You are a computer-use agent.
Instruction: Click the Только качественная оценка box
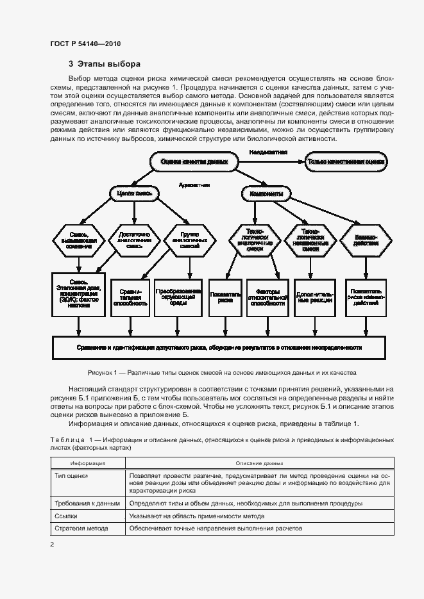pyautogui.click(x=346, y=162)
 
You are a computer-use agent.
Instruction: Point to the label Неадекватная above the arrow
pyautogui.click(x=268, y=152)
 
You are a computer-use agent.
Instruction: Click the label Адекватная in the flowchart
pyautogui.click(x=194, y=185)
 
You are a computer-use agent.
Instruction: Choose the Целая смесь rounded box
pyautogui.click(x=130, y=193)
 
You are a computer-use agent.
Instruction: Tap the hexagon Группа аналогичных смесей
pyautogui.click(x=190, y=240)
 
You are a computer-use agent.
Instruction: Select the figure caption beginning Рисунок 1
pyautogui.click(x=221, y=372)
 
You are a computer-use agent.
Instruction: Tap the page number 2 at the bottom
pyautogui.click(x=52, y=544)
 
